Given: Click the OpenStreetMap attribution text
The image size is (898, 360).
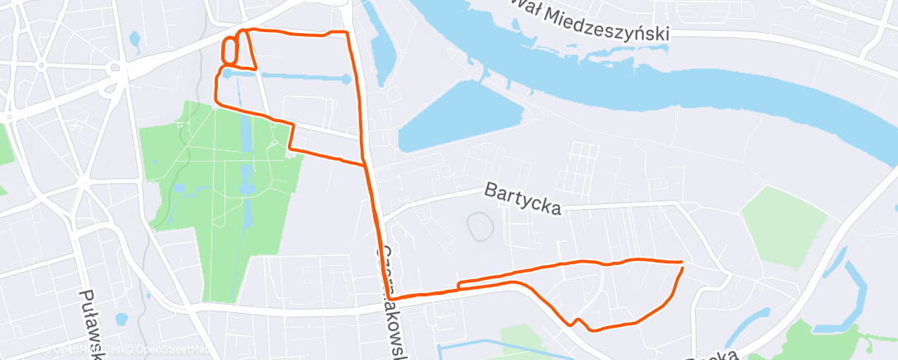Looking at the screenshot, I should click(x=170, y=350).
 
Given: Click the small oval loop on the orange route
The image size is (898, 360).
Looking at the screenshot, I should click(x=229, y=51).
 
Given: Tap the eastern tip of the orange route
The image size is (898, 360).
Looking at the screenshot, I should click(x=682, y=263).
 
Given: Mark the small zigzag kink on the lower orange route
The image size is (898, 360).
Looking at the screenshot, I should click(x=579, y=321).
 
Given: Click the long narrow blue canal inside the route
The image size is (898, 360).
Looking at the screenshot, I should click(x=289, y=78).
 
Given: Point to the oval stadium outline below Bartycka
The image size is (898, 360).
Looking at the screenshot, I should click(x=477, y=225).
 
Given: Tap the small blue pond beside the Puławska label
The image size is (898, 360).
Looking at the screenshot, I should click(x=122, y=319).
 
